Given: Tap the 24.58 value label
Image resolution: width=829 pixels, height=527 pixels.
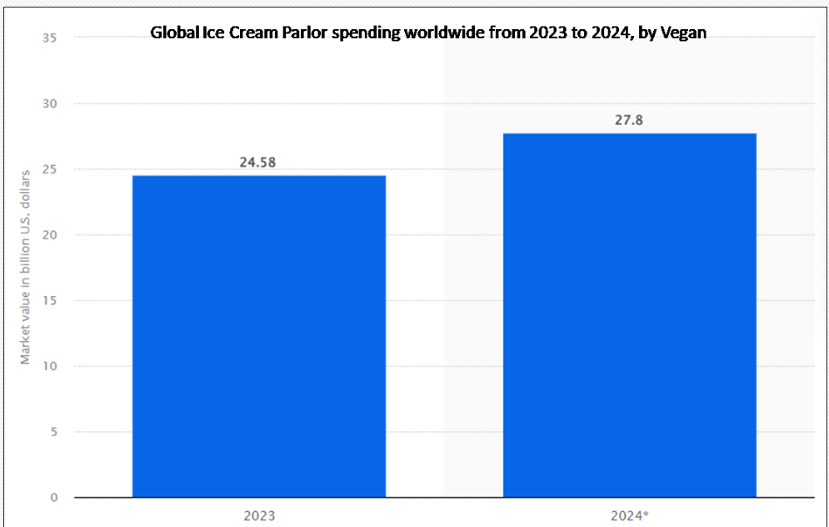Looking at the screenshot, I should coord(258,162).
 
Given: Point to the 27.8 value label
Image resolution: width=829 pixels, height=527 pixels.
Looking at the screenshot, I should coord(629,120).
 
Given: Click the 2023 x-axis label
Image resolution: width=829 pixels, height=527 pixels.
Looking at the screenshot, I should coord(259,515).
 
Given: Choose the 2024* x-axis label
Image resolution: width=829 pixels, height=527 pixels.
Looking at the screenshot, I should coord(629,515).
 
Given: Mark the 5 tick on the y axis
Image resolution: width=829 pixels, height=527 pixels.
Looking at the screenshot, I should coord(54,432).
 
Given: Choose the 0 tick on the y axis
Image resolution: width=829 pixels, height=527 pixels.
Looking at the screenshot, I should coord(54,498).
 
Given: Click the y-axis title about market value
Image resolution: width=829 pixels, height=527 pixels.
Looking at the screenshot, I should coord(25,266).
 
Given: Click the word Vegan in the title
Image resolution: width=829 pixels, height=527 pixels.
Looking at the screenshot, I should coord(684,33).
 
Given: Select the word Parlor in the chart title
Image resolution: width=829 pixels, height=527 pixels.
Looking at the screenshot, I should coord(287,33).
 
